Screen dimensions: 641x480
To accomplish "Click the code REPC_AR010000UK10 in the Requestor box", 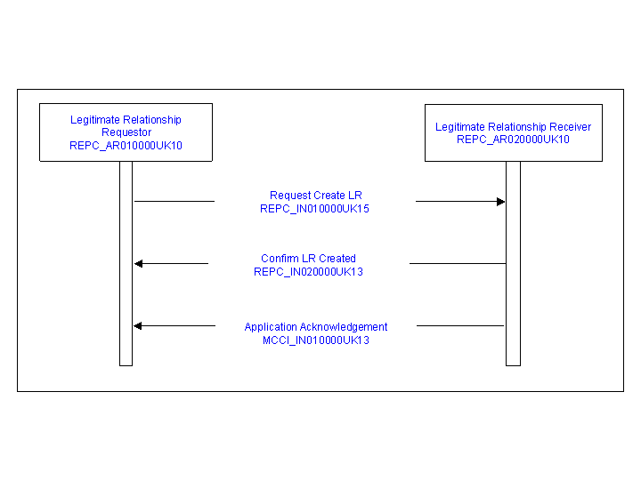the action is point(126,146).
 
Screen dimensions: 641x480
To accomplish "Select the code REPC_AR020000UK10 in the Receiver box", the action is point(513,140).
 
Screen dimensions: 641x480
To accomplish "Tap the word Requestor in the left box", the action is point(126,132).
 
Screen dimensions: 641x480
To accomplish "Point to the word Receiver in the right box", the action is point(571,127).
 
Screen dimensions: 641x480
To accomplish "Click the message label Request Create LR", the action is point(316,196).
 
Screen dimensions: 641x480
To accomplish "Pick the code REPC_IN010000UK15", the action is point(315,209).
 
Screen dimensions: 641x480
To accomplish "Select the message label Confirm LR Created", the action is point(309,259).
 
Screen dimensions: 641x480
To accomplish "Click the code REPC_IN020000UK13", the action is point(309,272).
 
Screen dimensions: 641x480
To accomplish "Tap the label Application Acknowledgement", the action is point(316,327).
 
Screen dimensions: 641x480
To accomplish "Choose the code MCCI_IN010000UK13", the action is point(316,340).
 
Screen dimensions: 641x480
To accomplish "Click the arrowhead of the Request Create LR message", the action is point(500,202).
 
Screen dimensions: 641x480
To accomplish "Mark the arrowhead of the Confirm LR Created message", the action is point(139,264).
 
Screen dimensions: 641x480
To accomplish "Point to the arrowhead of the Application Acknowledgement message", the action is point(138,325).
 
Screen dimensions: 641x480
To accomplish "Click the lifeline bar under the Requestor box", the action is point(126,264).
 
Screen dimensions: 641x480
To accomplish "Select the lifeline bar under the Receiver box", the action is point(513,264).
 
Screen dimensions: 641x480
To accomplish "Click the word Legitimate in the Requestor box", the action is point(95,120).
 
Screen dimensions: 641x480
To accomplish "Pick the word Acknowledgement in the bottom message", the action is point(344,327).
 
